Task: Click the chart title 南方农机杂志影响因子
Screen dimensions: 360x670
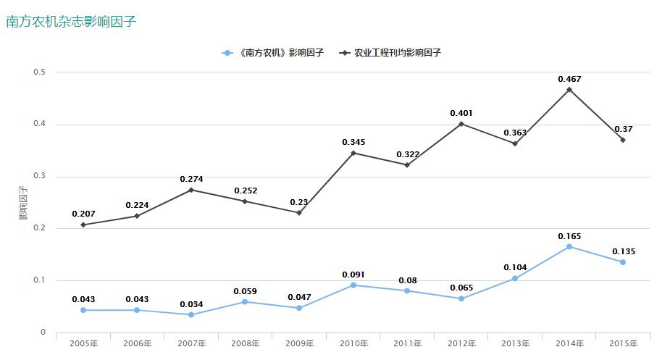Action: [x=71, y=22]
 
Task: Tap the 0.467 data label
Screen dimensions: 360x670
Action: [x=569, y=79]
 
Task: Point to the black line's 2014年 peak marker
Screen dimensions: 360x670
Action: [x=569, y=89]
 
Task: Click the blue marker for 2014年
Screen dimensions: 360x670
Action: [x=569, y=247]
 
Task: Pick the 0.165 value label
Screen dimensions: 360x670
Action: [x=569, y=236]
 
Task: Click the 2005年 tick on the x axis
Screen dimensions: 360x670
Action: [x=83, y=343]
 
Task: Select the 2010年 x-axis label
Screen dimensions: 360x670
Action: [x=353, y=343]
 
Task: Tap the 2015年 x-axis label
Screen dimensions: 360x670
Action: [x=624, y=343]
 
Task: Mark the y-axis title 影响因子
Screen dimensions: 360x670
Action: [x=23, y=203]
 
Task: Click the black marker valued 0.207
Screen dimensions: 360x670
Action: [x=83, y=225]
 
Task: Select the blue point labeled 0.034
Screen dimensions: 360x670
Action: [x=191, y=314]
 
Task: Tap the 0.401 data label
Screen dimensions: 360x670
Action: [x=461, y=113]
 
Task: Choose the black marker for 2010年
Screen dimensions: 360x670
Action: [x=353, y=153]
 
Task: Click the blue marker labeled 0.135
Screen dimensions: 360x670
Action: [x=623, y=262]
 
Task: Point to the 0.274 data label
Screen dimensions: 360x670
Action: [x=191, y=179]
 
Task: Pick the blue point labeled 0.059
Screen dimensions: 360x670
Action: [x=246, y=301]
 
